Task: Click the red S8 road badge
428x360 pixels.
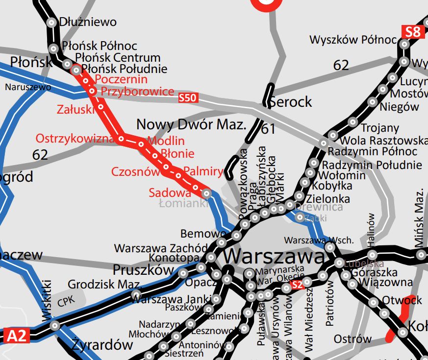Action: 413,32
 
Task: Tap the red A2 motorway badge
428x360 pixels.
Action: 16,336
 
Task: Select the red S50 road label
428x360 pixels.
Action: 188,98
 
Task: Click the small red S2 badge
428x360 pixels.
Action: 297,285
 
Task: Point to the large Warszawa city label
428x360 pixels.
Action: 274,256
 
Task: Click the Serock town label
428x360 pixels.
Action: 291,101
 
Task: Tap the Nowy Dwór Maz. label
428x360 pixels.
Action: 191,124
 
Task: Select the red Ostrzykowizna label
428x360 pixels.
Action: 75,139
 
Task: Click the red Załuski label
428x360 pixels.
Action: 76,109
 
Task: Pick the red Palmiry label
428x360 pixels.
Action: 203,172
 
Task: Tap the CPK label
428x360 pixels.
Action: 67,301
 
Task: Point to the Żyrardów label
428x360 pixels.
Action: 102,344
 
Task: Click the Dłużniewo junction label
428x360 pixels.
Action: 87,22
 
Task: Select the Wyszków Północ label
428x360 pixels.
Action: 352,40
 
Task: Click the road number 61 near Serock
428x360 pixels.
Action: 268,129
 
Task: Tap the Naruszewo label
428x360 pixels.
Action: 28,87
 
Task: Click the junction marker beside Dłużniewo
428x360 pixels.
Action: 51,23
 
